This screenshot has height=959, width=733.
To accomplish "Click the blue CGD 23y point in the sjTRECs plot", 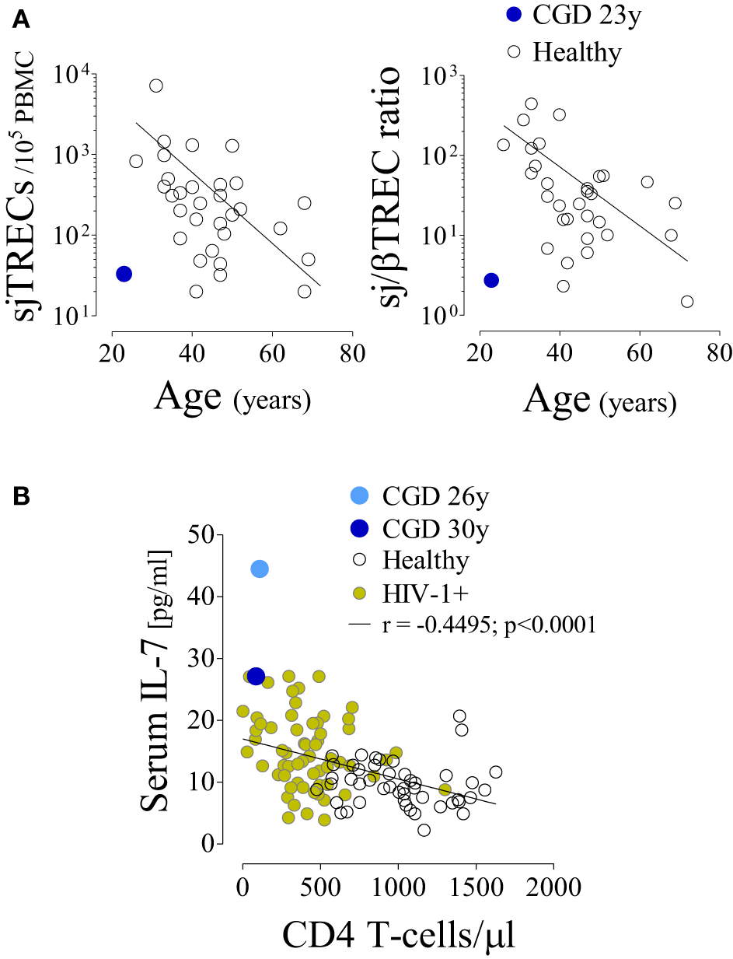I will pos(124,274).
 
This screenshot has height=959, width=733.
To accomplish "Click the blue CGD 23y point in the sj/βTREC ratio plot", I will pos(490,280).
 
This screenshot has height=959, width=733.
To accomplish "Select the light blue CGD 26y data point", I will pos(260,569).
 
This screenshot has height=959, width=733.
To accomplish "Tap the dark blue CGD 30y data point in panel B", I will pos(256,676).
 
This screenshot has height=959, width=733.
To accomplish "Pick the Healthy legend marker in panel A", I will pos(514,51).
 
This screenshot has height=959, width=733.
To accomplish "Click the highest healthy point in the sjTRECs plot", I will pos(156,86).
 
